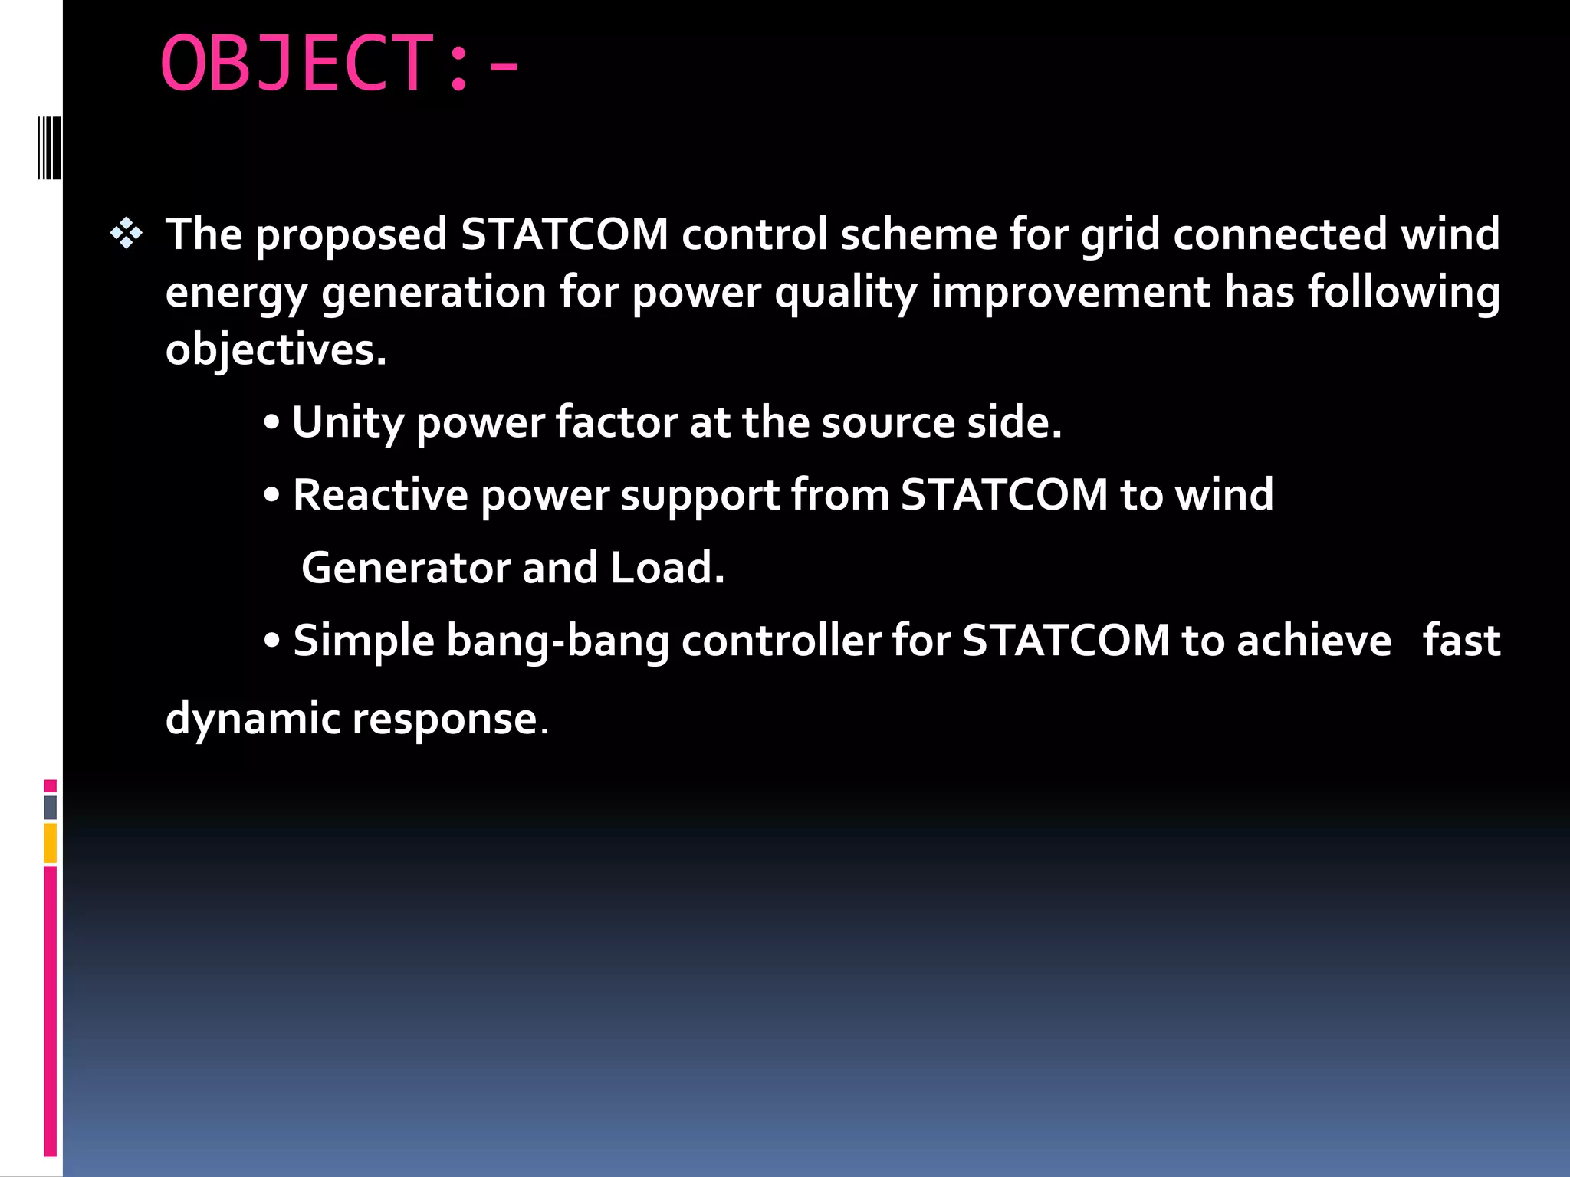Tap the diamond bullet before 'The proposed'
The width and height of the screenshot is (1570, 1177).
pos(126,234)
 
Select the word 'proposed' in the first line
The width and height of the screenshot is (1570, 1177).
pos(351,235)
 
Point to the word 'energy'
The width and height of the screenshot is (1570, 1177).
pos(236,293)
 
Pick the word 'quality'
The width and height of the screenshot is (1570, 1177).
pos(846,293)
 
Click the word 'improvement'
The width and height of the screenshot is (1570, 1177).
pos(1070,293)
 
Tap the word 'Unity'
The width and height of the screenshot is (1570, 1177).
pos(347,423)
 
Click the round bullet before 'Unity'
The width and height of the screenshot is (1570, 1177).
pos(271,424)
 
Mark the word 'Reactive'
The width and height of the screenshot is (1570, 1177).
pos(380,495)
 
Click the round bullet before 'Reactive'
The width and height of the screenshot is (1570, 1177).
pos(271,496)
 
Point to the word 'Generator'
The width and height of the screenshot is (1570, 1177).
pos(406,568)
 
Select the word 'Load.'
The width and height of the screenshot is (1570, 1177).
pos(667,568)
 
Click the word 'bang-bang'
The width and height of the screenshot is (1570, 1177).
pos(557,641)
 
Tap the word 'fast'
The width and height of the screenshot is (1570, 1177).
pos(1461,641)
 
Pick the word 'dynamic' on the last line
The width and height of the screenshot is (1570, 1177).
pos(252,720)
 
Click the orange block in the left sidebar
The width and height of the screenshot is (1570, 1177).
pos(51,843)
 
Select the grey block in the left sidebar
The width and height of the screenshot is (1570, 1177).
pos(51,808)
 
